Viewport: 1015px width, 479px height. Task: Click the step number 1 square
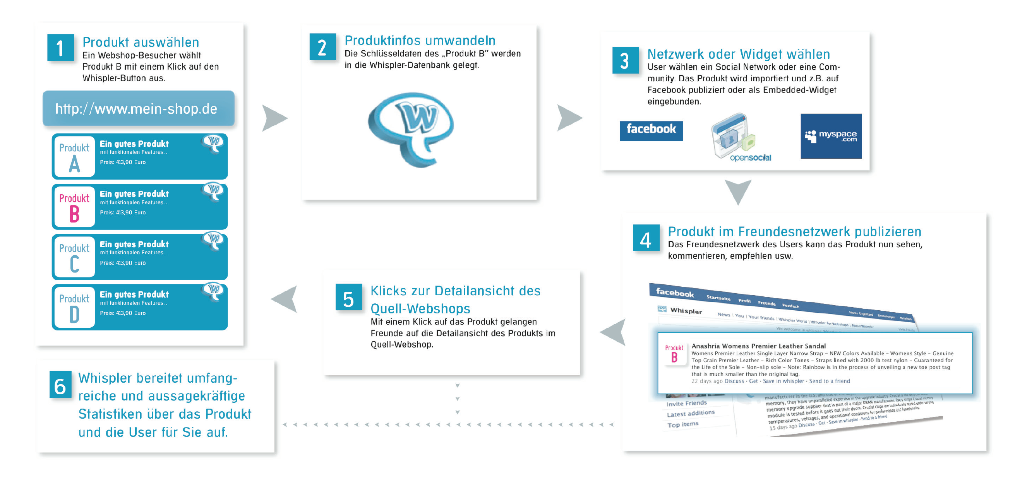(60, 48)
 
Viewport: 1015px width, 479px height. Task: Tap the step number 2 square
(322, 47)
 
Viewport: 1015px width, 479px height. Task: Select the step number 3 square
(625, 60)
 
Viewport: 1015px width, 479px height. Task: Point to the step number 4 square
(645, 238)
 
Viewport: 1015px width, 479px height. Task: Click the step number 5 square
(348, 298)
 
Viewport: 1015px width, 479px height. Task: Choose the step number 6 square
(60, 385)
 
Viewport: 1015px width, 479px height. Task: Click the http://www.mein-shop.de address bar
(138, 109)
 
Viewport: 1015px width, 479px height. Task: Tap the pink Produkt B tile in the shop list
(74, 207)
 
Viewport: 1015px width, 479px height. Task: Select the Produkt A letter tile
(74, 157)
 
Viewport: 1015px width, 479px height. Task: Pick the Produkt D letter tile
(74, 307)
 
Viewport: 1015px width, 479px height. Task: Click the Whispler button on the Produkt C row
(214, 240)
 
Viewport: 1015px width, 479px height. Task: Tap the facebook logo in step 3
(651, 130)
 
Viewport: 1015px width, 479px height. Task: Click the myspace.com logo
(831, 136)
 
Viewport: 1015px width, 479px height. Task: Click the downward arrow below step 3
(738, 192)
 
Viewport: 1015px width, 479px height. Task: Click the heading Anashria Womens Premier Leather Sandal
(758, 346)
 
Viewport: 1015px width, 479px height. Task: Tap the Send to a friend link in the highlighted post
(830, 381)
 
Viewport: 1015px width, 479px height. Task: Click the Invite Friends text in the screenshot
(686, 404)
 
